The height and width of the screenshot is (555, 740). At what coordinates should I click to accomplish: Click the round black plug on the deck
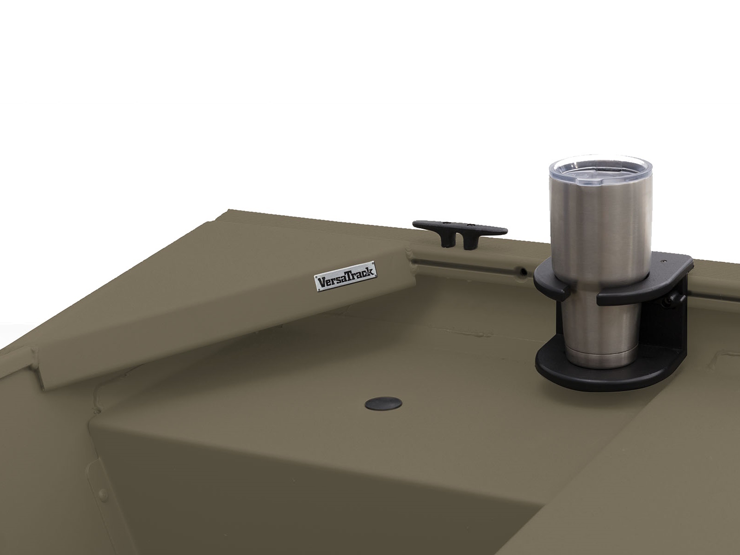(383, 403)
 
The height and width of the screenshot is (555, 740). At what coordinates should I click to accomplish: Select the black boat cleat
(460, 233)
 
